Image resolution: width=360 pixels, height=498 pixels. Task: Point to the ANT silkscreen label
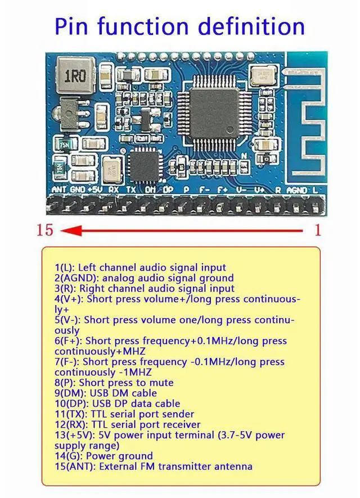(59, 190)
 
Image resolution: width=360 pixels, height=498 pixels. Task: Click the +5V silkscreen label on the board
(95, 190)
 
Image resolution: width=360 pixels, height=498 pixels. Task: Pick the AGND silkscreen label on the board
(296, 190)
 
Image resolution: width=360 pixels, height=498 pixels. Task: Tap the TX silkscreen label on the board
(132, 190)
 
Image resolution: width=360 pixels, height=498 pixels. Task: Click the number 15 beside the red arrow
(45, 230)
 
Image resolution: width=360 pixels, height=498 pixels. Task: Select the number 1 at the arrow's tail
(317, 230)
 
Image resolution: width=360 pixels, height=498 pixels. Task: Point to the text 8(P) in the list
(66, 383)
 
